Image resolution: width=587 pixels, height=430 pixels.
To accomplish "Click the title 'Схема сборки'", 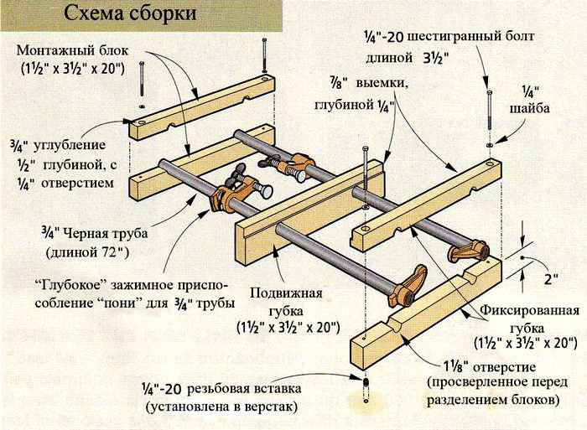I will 130,15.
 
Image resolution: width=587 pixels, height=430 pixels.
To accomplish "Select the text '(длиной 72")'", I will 84,251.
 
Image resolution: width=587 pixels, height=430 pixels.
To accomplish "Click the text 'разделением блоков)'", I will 496,400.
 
